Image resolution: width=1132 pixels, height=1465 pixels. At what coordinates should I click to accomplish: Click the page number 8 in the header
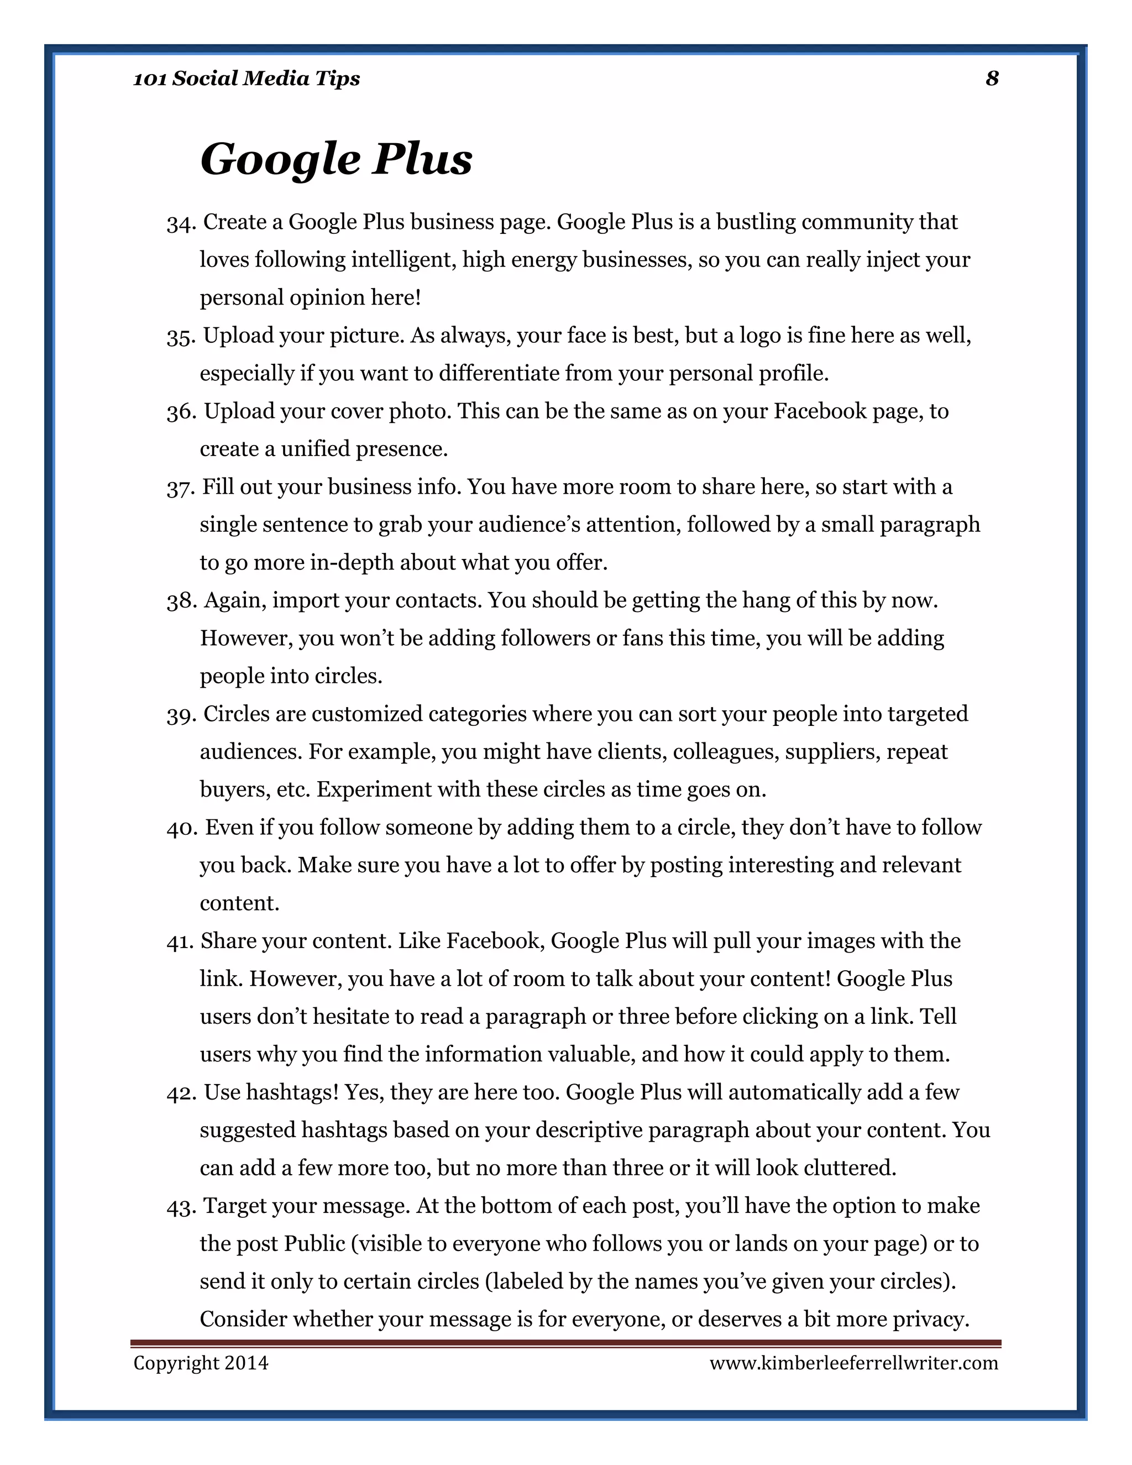[x=992, y=79]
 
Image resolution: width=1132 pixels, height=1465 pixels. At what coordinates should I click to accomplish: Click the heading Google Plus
[x=336, y=160]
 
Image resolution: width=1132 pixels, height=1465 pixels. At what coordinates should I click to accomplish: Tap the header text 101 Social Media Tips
[x=246, y=79]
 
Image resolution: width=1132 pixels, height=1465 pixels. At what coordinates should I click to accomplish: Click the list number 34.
[x=180, y=223]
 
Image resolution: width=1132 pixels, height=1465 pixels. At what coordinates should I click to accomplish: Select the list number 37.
[x=180, y=488]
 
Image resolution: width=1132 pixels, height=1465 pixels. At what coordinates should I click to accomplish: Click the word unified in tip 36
[x=315, y=448]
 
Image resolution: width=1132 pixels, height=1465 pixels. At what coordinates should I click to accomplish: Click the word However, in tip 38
[x=246, y=638]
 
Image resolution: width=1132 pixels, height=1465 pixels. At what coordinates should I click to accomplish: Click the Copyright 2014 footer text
[x=201, y=1363]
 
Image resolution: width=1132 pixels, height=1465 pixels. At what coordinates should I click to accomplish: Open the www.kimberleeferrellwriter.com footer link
[x=853, y=1363]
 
